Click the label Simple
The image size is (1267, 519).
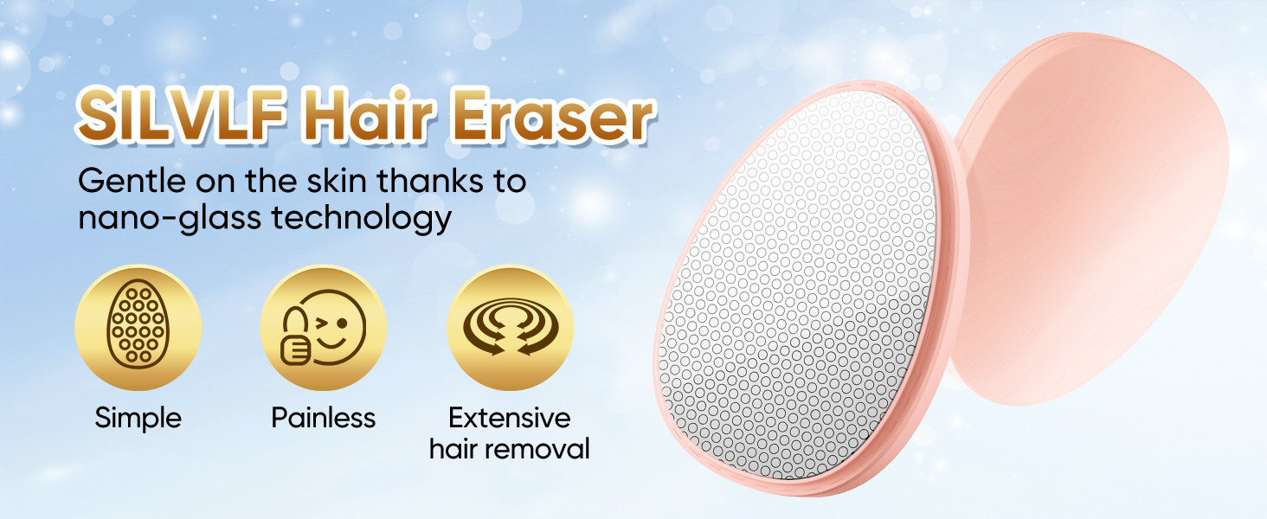(x=138, y=419)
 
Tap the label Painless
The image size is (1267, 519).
(x=324, y=419)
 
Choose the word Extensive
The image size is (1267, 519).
(x=509, y=419)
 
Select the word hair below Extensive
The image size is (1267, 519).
(x=453, y=449)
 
